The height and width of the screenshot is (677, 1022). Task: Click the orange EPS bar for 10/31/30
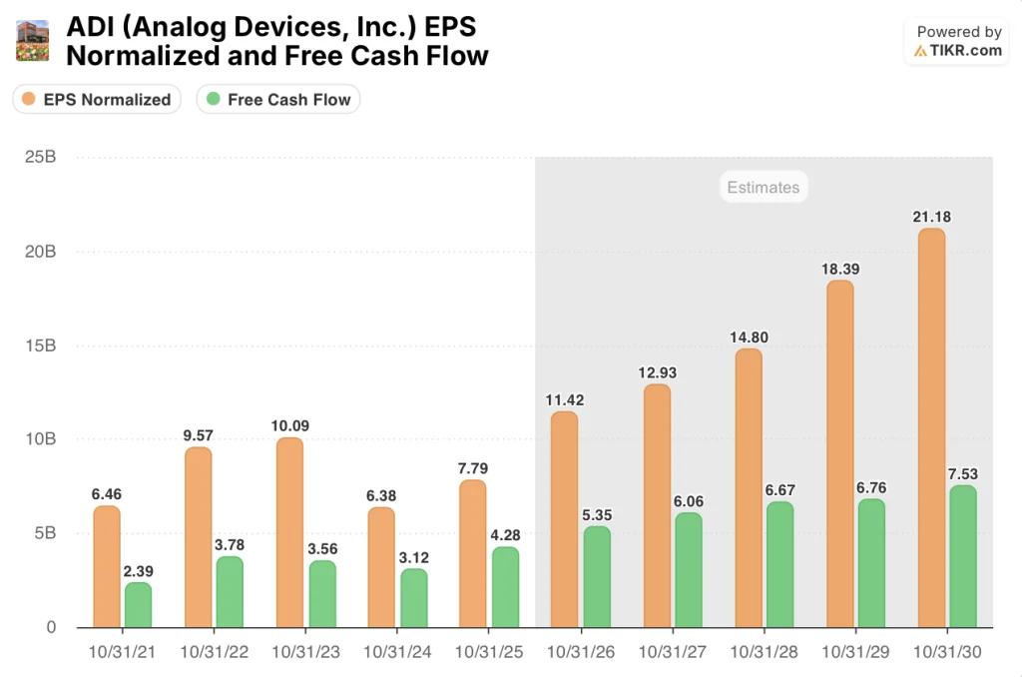point(930,429)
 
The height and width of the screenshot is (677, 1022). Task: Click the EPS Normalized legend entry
point(97,99)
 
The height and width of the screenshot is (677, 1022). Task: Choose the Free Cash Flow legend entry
point(278,99)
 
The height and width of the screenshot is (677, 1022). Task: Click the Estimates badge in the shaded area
point(763,187)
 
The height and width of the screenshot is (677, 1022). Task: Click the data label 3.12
point(413,556)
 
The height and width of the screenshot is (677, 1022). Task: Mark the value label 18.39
point(839,269)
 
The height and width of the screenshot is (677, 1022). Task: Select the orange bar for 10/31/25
point(473,554)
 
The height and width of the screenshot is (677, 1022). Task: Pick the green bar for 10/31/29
point(870,564)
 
